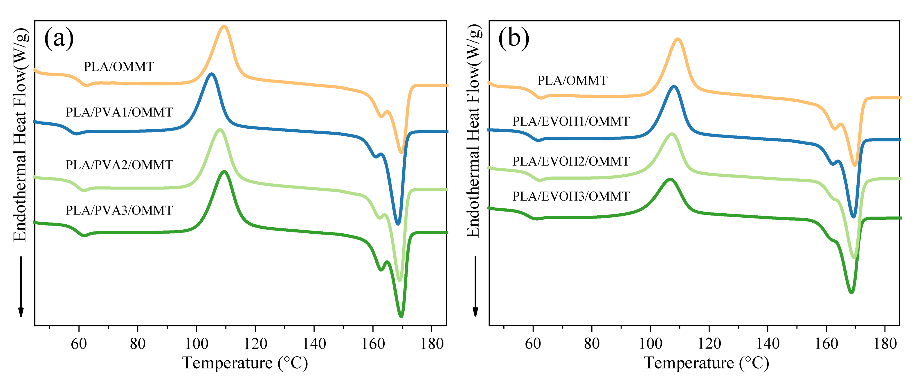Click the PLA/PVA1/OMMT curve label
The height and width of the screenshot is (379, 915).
(119, 112)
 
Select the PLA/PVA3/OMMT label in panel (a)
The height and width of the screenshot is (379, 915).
(119, 210)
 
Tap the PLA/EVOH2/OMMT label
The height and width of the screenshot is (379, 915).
(571, 161)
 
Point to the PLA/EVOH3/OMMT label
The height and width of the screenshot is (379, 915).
(571, 196)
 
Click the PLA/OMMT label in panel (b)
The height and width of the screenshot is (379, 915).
(572, 81)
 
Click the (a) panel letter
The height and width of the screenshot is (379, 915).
(59, 38)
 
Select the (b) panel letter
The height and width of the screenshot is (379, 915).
(514, 38)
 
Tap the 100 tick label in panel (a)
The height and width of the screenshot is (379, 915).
(197, 344)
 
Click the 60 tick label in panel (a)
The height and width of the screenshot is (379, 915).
(79, 344)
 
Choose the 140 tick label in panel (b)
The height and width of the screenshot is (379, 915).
(768, 344)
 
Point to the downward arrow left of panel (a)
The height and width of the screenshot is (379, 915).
(21, 286)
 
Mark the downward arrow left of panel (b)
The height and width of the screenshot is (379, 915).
(475, 286)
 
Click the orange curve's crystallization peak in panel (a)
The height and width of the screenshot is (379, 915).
(224, 27)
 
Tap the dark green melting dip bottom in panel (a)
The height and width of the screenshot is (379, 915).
(401, 316)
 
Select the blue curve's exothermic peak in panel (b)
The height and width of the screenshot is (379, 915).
(674, 87)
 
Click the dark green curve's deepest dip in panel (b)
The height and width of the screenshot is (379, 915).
(851, 292)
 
